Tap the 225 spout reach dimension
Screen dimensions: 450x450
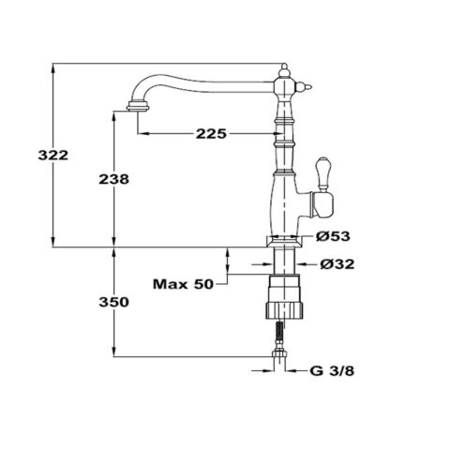[211, 134]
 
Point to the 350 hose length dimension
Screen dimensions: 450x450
[114, 302]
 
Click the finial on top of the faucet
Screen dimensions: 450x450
[283, 67]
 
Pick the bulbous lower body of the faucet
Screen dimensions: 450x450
[282, 202]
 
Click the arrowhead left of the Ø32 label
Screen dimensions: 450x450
[302, 263]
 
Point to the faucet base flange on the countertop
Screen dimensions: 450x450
[282, 242]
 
